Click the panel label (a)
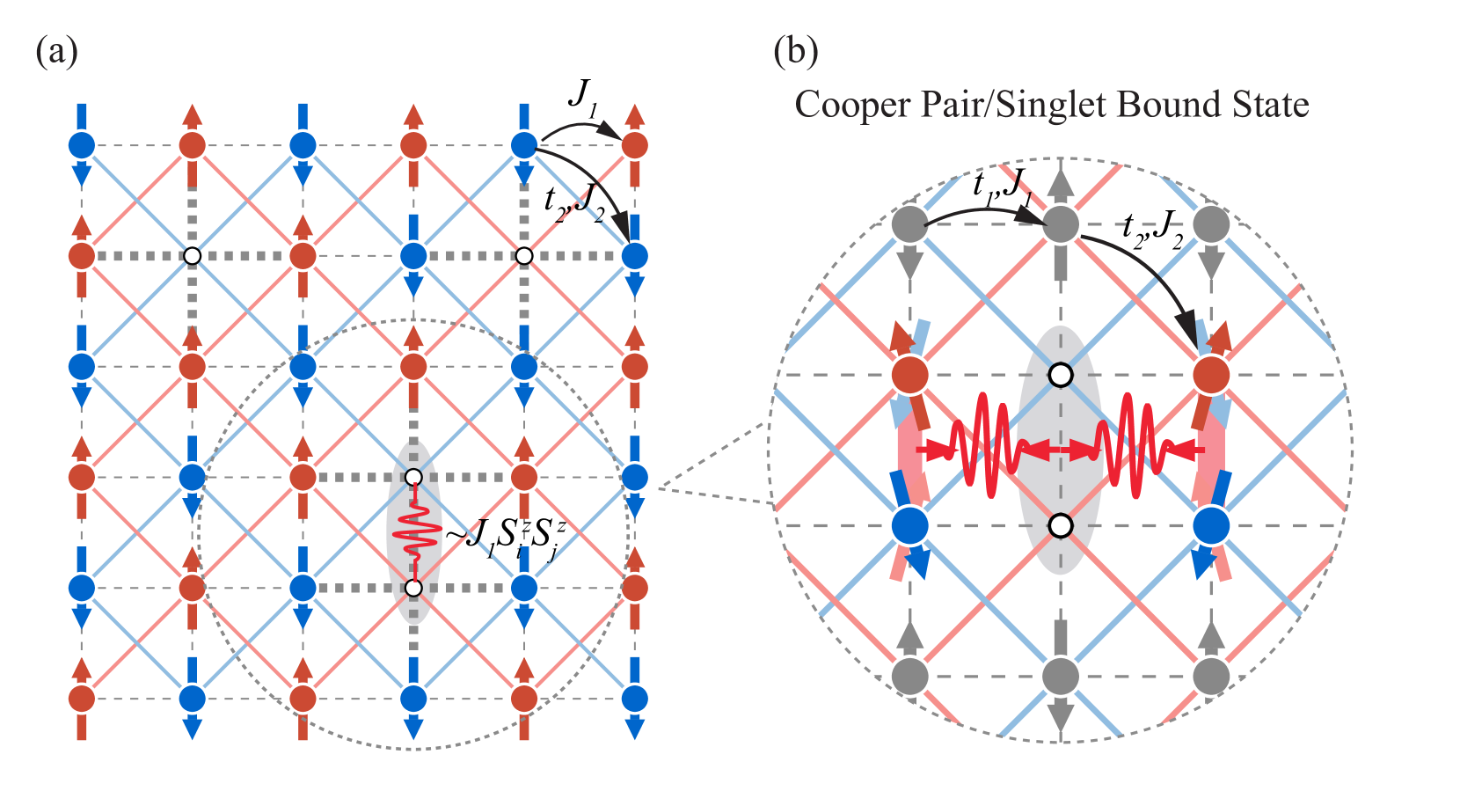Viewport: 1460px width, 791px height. coord(56,52)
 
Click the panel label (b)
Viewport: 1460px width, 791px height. coord(795,52)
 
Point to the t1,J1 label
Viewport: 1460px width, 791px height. coord(1002,187)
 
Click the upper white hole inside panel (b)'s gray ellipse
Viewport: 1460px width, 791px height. coord(1061,375)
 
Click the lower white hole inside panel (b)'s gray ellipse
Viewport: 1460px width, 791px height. coord(1061,526)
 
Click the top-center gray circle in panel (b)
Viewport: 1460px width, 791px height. coord(1061,224)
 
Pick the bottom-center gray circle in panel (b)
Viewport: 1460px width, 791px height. coord(1061,677)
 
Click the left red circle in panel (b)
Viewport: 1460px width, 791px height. coord(910,375)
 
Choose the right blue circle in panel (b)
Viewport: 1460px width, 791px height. coord(1211,526)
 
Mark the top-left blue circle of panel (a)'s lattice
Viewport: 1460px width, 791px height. coord(82,145)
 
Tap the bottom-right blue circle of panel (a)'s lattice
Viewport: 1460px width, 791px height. coord(634,699)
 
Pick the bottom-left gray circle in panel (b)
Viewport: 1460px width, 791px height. coord(910,677)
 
